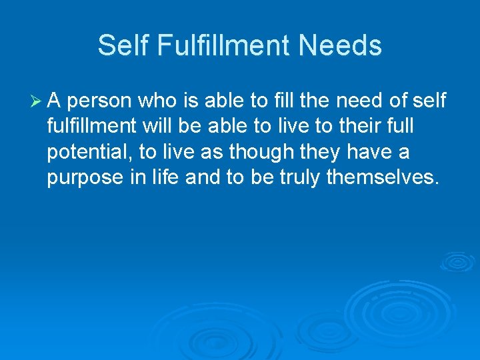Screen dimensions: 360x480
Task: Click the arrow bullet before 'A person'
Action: point(36,101)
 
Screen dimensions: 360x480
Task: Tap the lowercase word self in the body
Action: point(431,101)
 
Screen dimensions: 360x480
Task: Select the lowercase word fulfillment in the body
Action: point(91,127)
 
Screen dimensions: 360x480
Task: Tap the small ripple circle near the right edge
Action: point(457,261)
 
